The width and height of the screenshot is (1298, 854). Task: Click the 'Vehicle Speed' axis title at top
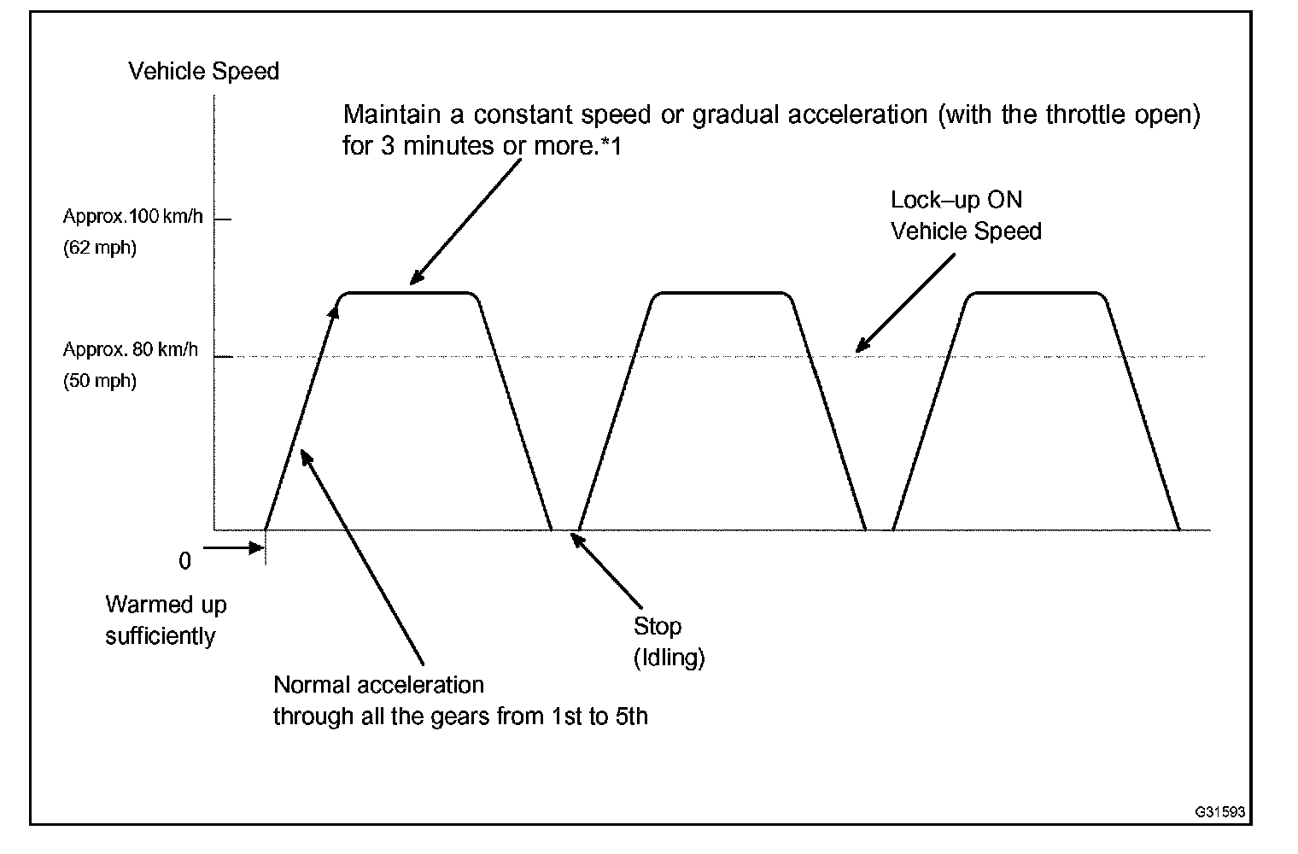click(x=203, y=71)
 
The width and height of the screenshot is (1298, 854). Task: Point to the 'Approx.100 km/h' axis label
click(x=132, y=216)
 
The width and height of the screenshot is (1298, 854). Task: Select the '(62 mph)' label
click(x=99, y=249)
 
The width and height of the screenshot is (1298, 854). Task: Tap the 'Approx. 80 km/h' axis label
click(x=130, y=349)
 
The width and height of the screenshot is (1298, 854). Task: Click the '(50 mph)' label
click(x=99, y=381)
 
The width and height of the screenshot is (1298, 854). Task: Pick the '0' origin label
click(x=185, y=561)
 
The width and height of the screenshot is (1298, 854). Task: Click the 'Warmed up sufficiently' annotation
click(x=165, y=620)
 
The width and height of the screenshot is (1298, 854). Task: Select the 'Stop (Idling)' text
click(x=668, y=641)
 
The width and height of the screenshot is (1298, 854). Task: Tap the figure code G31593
click(x=1219, y=811)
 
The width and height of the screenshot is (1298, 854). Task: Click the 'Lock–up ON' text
click(x=956, y=200)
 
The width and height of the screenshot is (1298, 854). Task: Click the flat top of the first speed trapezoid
click(x=410, y=293)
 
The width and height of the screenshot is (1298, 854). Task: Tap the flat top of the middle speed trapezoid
click(x=722, y=293)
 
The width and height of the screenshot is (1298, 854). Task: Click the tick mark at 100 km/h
click(x=222, y=219)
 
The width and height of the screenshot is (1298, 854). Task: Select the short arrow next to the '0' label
click(x=233, y=547)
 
